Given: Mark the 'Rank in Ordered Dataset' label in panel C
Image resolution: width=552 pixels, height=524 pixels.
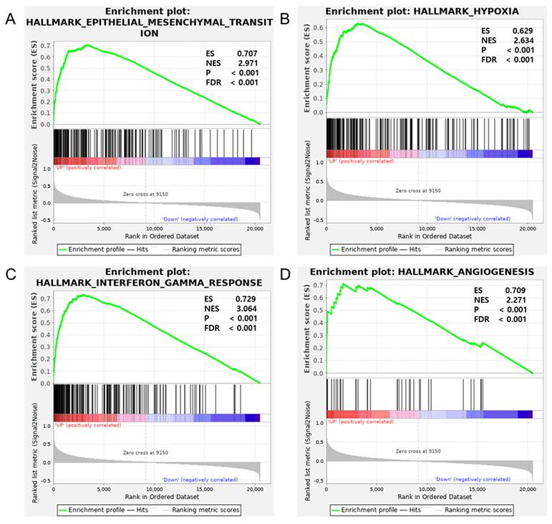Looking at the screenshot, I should point(156,499).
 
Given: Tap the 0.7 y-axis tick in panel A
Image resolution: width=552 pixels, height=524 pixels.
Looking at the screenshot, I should point(46,44).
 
